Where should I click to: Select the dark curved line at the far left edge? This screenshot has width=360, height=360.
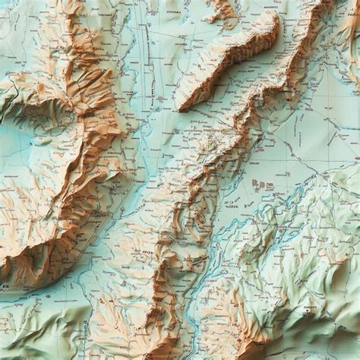6,106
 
